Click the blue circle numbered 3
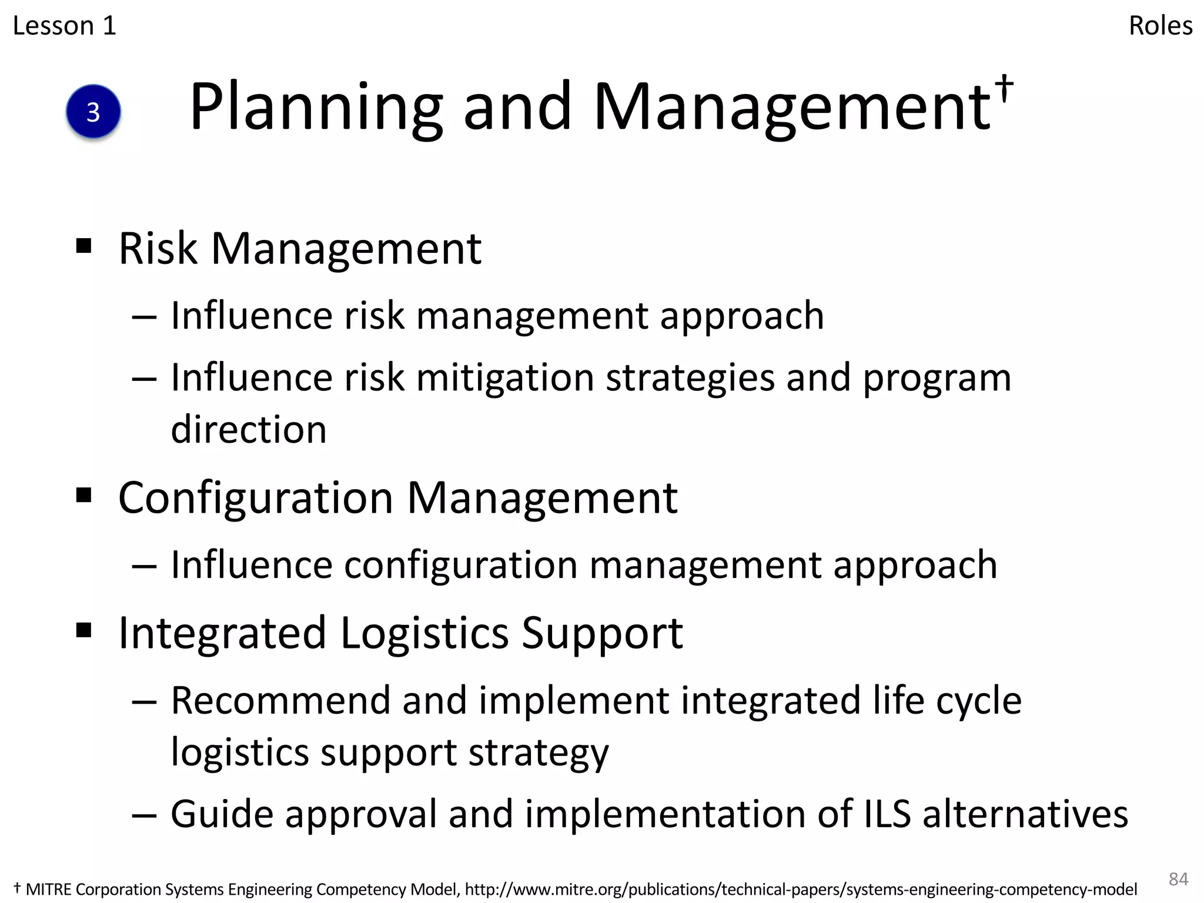pos(93,112)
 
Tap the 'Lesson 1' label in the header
pos(65,26)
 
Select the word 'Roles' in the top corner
pos(1160,26)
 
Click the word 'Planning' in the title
pos(316,107)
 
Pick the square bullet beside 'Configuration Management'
pos(84,495)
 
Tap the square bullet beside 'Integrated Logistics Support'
pos(84,630)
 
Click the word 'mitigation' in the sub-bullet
pos(505,377)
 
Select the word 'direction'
pos(249,429)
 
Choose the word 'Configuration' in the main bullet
pos(256,498)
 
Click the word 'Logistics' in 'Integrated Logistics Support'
pos(424,633)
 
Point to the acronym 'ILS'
pos(887,814)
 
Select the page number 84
pos(1178,879)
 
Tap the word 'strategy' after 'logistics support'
pos(538,752)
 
